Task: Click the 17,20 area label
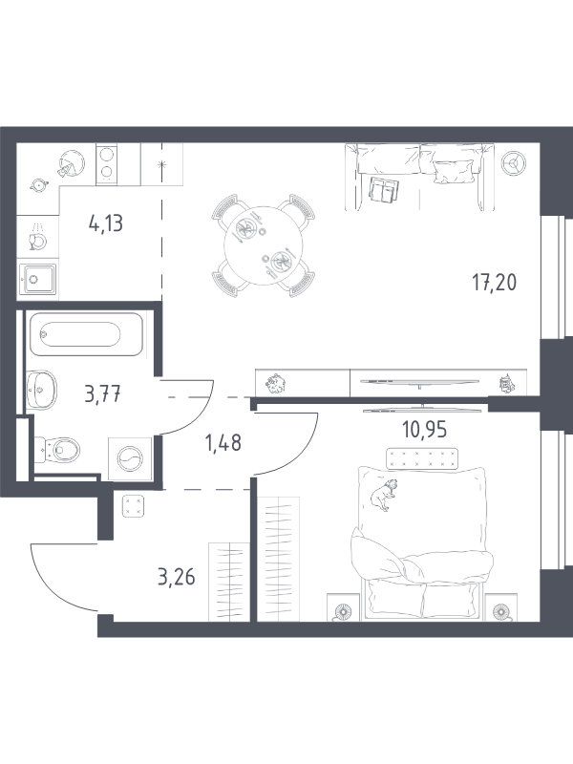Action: (494, 282)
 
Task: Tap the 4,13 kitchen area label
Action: (106, 223)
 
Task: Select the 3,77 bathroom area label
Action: (102, 393)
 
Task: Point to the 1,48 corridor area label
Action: (223, 443)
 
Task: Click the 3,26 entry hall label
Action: (177, 577)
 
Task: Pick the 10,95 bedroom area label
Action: (424, 429)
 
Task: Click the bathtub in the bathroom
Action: (86, 334)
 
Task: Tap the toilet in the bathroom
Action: (56, 448)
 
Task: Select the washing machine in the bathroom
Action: (130, 458)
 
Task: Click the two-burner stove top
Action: (107, 163)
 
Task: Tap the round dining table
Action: (264, 246)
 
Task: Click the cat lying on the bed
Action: (383, 495)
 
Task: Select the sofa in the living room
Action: (419, 177)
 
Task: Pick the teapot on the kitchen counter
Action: (38, 184)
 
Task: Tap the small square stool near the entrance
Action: (133, 505)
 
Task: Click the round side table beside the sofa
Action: (514, 162)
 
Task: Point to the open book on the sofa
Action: (385, 188)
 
